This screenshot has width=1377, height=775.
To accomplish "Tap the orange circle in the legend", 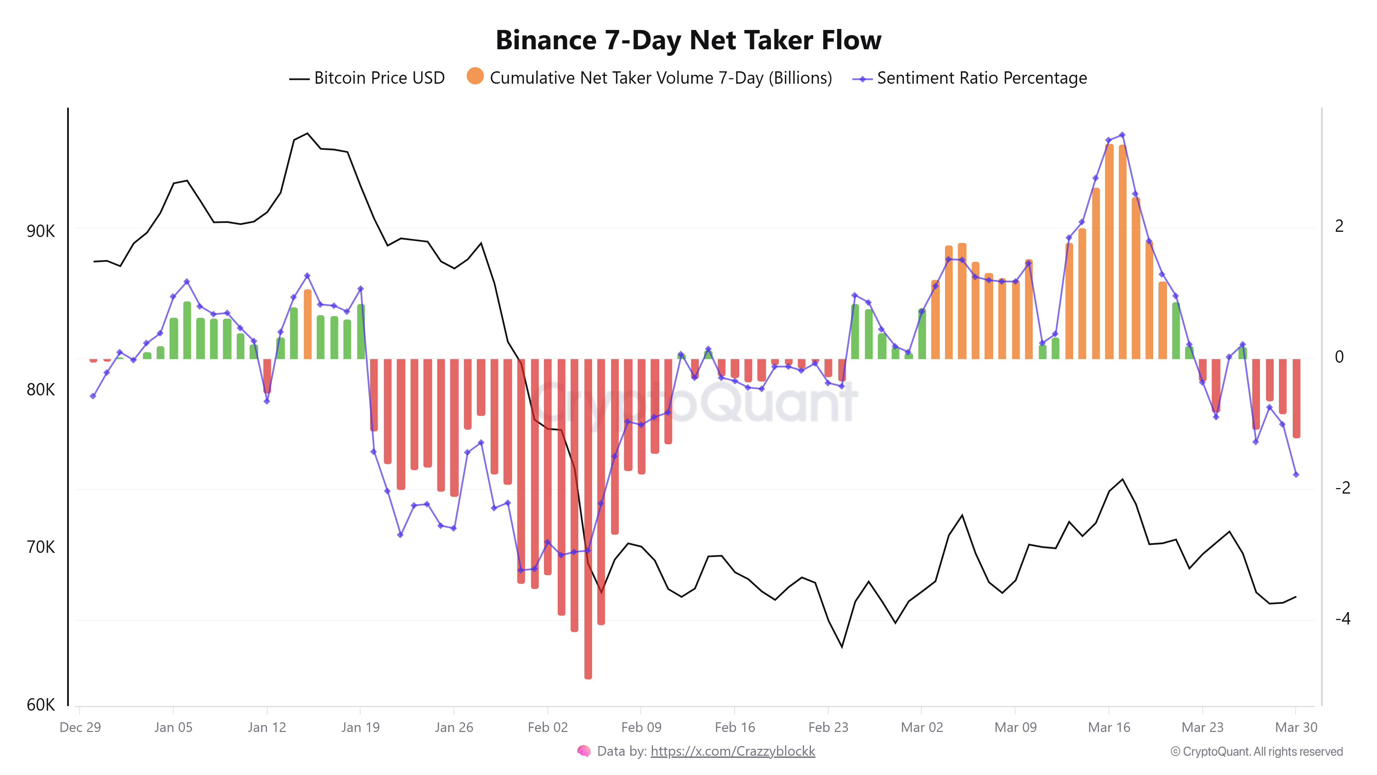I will point(475,76).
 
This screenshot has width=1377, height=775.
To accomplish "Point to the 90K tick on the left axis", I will point(41,231).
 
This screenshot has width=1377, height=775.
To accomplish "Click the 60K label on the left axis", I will point(41,704).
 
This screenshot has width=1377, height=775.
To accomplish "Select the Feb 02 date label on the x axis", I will point(547,727).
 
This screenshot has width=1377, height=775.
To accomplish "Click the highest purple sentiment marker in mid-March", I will point(1122,135).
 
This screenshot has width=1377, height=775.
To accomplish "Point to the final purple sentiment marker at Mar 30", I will point(1296,474).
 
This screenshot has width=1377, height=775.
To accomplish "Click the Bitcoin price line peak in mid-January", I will point(307,134).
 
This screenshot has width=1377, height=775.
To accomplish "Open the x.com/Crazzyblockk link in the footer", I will point(732,752).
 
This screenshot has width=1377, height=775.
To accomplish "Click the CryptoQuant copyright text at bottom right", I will point(1256,752).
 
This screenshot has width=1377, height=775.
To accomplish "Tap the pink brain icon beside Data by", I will point(584,752).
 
